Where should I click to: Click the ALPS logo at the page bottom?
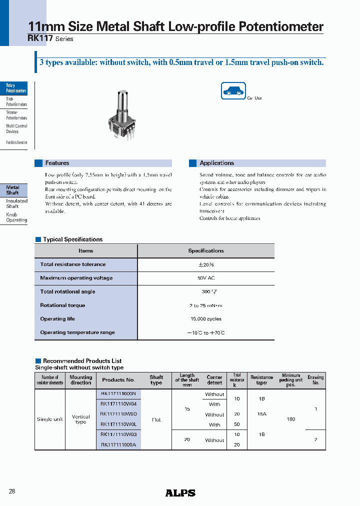180,492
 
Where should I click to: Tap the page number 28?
12,491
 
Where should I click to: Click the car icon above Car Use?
233,91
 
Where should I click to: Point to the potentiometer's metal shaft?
121,102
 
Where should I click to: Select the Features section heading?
57,163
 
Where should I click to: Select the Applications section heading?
216,163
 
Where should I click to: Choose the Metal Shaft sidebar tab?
13,190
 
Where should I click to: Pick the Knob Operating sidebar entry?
16,217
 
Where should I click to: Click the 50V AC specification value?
205,278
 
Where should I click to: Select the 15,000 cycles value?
205,318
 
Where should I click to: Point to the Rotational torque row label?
62,305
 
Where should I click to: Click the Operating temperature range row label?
77,332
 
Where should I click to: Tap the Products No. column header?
118,380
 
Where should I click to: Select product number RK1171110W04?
118,404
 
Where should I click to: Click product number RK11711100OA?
118,444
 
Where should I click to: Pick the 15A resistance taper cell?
261,414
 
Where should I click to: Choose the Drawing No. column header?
315,380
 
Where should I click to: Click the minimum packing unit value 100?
290,419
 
